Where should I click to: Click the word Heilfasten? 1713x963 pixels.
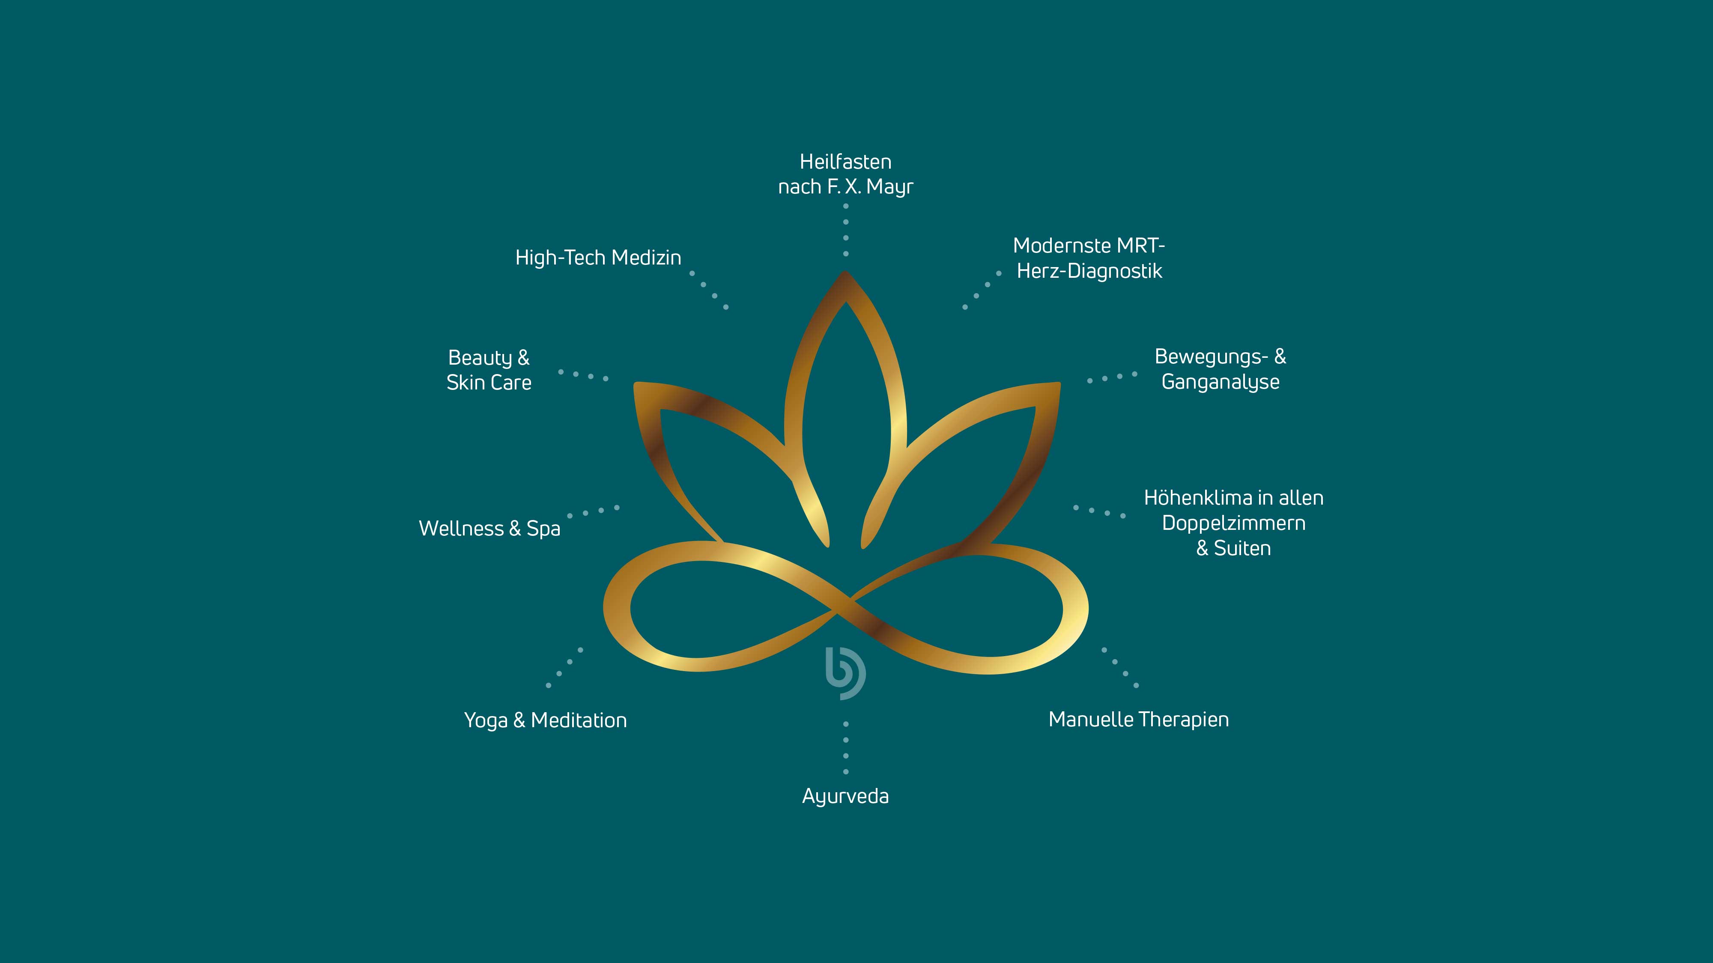[845, 161]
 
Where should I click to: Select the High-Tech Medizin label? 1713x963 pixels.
[598, 257]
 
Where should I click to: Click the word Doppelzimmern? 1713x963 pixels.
[1233, 523]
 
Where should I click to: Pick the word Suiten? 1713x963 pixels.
[1242, 548]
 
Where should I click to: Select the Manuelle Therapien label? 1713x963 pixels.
[1138, 719]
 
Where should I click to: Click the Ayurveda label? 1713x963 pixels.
[845, 796]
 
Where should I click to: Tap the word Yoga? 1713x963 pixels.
[486, 720]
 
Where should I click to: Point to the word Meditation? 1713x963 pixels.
[579, 720]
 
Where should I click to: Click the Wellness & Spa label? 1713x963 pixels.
[489, 528]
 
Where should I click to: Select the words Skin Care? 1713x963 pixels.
[489, 383]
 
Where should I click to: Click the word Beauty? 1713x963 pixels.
[480, 357]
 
